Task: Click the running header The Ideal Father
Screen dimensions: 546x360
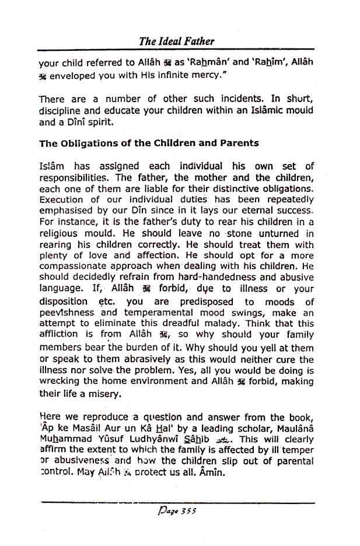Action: [x=177, y=41]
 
